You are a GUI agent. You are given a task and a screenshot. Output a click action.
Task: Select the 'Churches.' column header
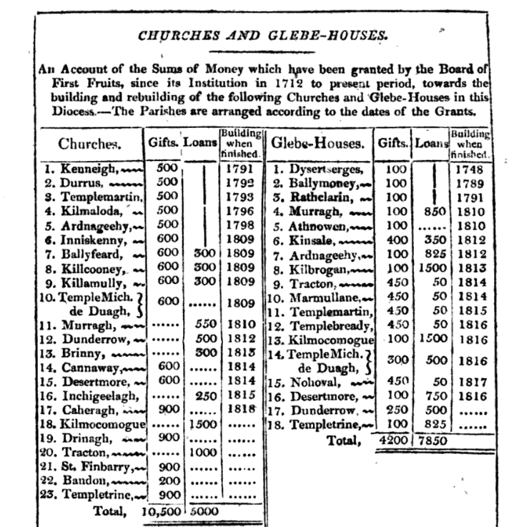point(90,144)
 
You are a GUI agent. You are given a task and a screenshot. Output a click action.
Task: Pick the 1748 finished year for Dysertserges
point(470,170)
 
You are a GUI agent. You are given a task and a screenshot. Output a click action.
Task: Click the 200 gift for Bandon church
point(164,481)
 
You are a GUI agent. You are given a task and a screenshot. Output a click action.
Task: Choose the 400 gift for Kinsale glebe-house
point(393,238)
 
